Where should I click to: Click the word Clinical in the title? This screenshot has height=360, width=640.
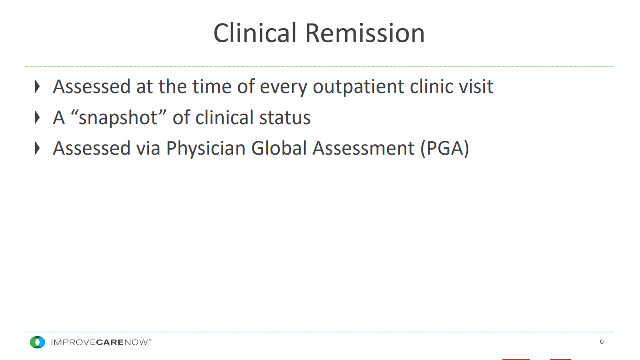coord(255,33)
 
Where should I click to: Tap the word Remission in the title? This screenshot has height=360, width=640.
coord(365,33)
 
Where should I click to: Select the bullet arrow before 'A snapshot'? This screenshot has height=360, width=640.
coord(37,117)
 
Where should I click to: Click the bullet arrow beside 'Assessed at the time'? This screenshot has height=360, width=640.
coord(37,87)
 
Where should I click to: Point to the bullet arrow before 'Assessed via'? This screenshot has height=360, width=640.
coord(37,148)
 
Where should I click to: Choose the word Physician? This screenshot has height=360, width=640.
coord(206,149)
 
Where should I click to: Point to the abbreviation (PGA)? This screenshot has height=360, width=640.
coord(445,149)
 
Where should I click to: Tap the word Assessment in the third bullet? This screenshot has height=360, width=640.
coord(363,149)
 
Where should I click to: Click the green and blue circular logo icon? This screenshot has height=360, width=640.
coord(37,342)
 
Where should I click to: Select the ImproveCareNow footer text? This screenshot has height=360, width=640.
coord(101,342)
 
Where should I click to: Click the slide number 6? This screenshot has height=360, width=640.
coord(602,341)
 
